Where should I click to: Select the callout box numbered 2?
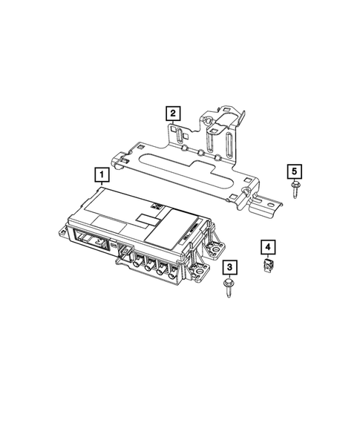click(172, 113)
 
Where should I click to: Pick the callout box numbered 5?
click(295, 173)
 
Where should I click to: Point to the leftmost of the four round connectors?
click(138, 260)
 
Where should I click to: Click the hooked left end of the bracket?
click(119, 157)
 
